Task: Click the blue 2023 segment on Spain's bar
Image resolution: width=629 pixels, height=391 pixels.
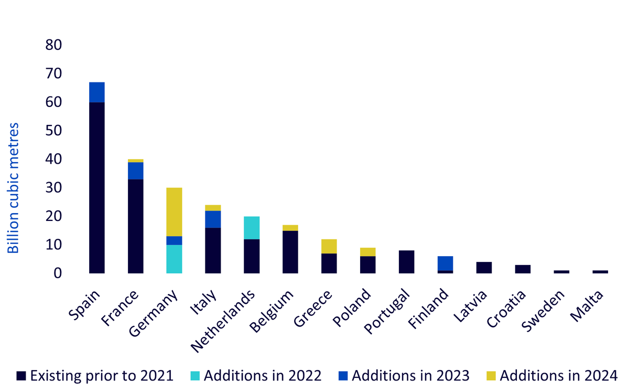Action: point(97,92)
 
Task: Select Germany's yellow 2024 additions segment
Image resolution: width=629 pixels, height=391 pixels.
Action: point(174,212)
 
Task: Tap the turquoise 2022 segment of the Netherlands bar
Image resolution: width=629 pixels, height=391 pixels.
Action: point(252,228)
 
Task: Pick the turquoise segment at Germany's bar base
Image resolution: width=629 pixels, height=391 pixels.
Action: point(174,259)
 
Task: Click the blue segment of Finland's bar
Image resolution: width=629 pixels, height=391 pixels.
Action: point(446,263)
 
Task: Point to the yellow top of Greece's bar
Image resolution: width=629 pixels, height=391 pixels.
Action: point(329,246)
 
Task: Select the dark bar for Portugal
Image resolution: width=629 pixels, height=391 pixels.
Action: point(407,262)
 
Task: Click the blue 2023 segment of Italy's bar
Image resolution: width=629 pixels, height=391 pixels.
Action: point(213,219)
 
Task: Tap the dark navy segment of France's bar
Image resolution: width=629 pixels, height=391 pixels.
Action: point(136,226)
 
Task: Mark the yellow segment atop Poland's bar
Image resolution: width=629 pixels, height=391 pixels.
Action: point(368,252)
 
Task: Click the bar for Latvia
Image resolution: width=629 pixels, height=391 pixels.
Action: point(484,268)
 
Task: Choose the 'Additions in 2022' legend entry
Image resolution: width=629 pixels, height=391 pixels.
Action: point(256,376)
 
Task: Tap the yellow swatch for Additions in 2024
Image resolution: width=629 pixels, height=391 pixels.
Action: point(491,376)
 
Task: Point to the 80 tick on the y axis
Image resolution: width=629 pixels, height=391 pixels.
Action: point(53,45)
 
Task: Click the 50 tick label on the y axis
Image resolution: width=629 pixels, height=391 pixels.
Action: point(53,131)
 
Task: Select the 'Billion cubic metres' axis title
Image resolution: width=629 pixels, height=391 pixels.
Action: point(13,188)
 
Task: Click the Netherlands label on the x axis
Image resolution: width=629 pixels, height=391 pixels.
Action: point(222,321)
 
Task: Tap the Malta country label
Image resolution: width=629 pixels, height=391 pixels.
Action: point(587,306)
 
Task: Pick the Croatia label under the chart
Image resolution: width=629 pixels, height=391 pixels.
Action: point(506,309)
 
